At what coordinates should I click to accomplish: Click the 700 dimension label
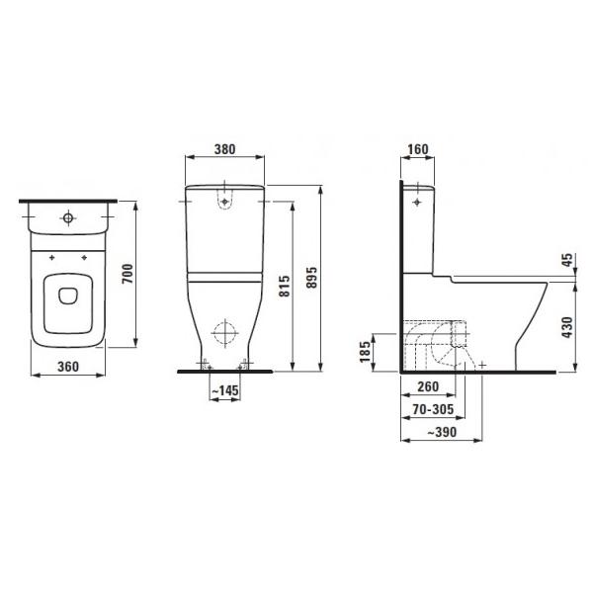coord(128,274)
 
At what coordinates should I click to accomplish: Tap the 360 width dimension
coord(68,367)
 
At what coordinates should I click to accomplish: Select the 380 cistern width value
coord(224,149)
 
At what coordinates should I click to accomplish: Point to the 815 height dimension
coord(285,286)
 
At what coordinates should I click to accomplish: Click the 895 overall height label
coord(312,277)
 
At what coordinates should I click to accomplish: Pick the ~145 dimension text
coord(225,390)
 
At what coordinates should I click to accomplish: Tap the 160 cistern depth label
coord(418,149)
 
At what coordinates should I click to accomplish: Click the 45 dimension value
coord(567,260)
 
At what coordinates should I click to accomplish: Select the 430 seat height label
coord(567,327)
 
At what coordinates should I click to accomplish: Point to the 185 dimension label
coord(366,351)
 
